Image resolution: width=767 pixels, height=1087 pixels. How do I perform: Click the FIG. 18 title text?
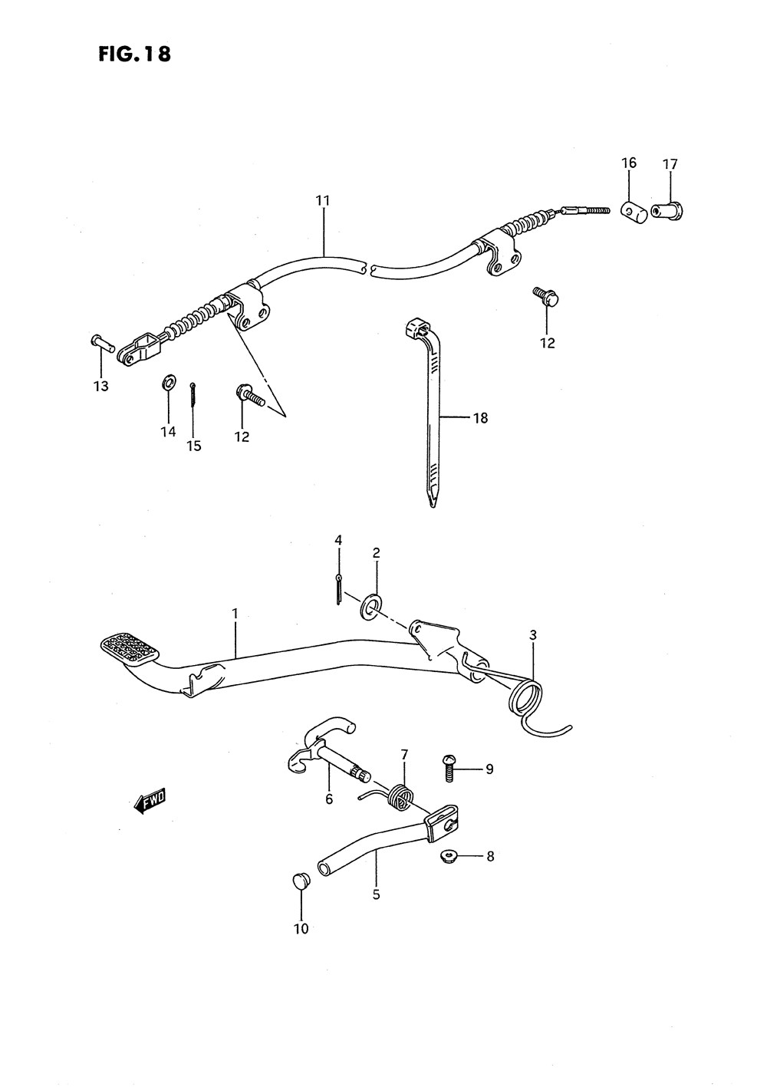134,54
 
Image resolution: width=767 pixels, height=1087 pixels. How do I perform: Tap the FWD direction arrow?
150,801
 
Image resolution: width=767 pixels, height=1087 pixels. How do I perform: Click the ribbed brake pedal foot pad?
130,646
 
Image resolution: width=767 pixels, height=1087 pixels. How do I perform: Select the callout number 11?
322,201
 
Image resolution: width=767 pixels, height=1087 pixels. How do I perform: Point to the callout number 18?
481,418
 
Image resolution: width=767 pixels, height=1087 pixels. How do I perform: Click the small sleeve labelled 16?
630,209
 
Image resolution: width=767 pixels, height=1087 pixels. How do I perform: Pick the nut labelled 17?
666,208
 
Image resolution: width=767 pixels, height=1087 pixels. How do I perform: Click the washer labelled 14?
168,381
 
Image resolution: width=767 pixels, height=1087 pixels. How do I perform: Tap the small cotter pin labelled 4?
338,590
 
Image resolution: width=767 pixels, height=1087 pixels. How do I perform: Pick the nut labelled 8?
447,855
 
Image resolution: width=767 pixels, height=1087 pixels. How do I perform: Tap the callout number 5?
376,894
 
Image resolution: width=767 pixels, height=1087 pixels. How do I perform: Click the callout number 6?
329,799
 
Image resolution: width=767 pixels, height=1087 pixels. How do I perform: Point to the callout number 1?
235,614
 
